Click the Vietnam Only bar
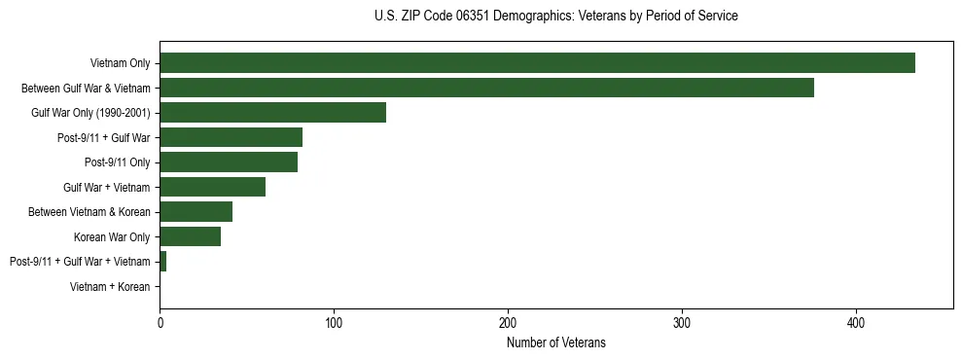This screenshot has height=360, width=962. (537, 63)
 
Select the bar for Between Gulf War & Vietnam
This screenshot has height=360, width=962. (486, 88)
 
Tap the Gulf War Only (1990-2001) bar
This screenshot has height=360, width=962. (272, 113)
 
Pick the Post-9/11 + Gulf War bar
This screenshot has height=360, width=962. (231, 137)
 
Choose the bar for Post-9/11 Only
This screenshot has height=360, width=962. (229, 162)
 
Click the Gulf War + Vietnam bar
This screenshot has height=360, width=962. (212, 187)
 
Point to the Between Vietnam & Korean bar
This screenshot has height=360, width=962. (196, 212)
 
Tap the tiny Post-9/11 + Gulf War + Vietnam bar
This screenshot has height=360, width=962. (162, 262)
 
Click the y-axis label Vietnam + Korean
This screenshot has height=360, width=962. (110, 287)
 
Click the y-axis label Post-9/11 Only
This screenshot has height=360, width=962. (117, 162)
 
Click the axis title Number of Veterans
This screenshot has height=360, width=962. (555, 342)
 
